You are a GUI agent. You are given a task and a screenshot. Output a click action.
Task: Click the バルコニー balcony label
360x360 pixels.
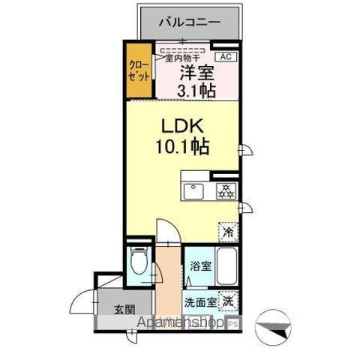189,22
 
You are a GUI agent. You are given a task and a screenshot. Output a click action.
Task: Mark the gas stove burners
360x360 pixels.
223,190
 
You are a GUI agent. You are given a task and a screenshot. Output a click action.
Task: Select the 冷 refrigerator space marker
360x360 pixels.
226,232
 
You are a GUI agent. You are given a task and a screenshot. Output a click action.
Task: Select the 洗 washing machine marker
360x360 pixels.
226,298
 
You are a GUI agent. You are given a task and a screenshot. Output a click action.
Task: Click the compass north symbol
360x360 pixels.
273,326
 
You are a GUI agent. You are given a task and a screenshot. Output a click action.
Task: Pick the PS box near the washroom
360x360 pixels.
232,323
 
